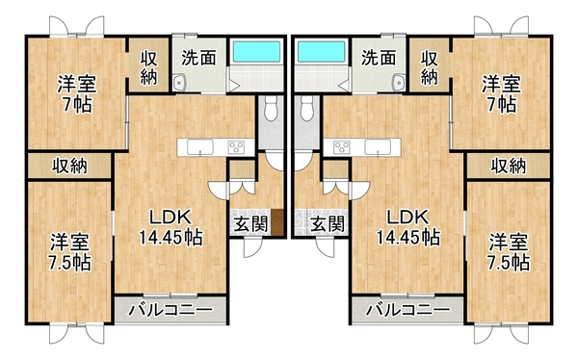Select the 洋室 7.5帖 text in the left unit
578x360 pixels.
(x=69, y=250)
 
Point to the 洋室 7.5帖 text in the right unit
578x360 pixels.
(x=507, y=249)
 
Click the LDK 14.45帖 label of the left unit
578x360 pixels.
(x=169, y=225)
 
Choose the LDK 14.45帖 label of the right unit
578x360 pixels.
(x=407, y=225)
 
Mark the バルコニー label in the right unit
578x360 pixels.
(x=406, y=310)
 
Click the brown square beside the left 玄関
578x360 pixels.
(x=277, y=222)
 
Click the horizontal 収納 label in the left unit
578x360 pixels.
(x=69, y=166)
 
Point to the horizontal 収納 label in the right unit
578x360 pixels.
(x=508, y=166)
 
